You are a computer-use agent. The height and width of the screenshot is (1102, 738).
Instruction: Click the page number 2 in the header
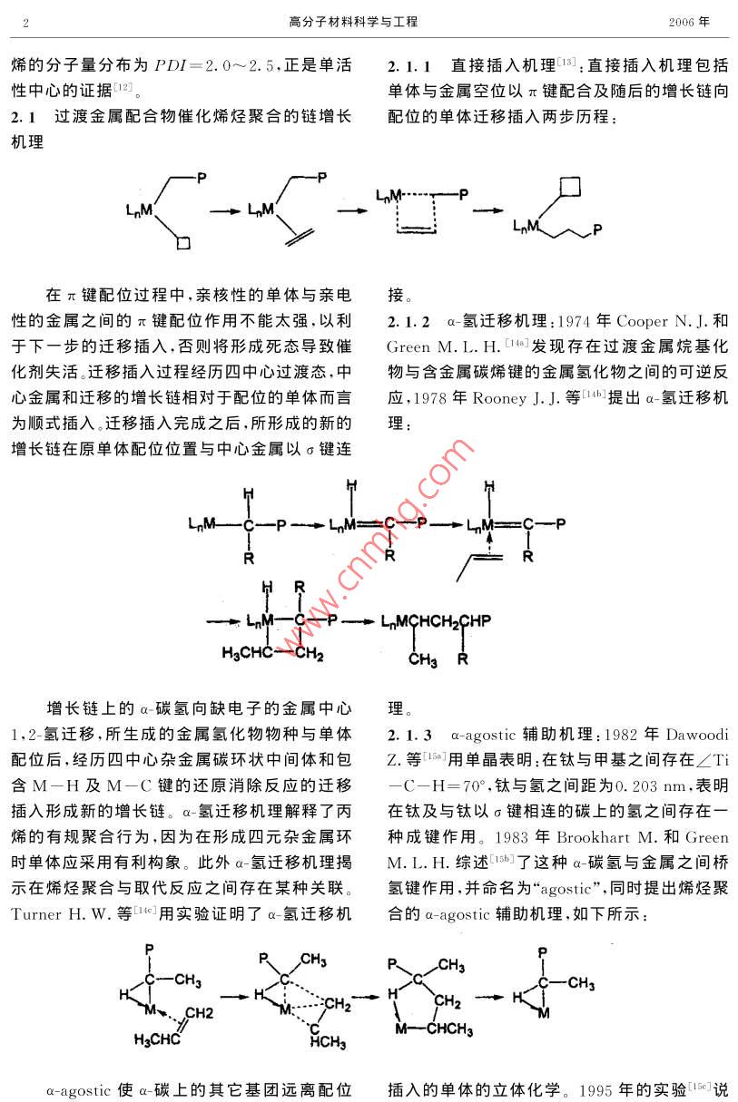[26, 23]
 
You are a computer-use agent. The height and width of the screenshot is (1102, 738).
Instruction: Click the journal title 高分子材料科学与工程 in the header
[353, 22]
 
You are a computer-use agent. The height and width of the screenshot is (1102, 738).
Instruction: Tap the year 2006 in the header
[681, 22]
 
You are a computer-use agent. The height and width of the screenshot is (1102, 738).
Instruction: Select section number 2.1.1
[409, 66]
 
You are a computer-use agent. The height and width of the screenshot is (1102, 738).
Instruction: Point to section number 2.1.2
[408, 322]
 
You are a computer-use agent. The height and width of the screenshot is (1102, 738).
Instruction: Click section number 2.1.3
[409, 736]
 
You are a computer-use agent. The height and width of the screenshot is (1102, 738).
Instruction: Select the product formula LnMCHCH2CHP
[437, 621]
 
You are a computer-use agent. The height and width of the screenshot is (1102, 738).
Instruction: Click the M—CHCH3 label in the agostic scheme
[434, 1028]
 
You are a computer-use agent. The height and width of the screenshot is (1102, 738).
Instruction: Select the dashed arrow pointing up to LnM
[489, 543]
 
